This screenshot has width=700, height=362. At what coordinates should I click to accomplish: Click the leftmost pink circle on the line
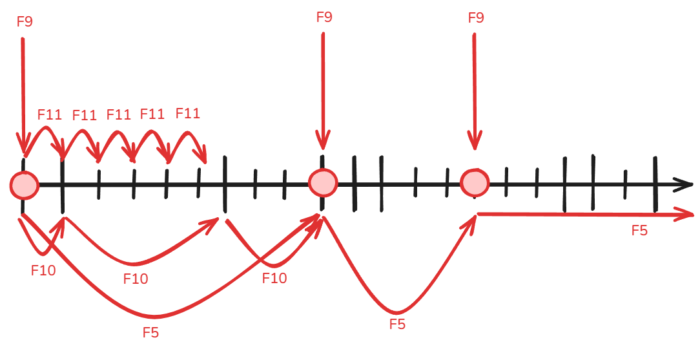pyautogui.click(x=25, y=185)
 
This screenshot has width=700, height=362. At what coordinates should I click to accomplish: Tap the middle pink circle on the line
pyautogui.click(x=324, y=183)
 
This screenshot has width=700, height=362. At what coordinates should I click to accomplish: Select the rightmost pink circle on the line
pyautogui.click(x=475, y=183)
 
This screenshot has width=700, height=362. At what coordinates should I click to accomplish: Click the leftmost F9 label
pyautogui.click(x=25, y=21)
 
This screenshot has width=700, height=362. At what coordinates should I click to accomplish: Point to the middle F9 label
pyautogui.click(x=324, y=17)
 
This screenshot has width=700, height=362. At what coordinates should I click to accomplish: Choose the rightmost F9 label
pyautogui.click(x=476, y=18)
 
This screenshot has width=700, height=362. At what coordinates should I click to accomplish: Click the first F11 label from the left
pyautogui.click(x=50, y=115)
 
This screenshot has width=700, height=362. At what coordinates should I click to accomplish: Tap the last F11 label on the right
pyautogui.click(x=187, y=113)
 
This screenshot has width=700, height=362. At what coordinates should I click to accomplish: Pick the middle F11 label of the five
pyautogui.click(x=118, y=114)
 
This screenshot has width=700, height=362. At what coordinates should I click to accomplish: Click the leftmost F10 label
pyautogui.click(x=43, y=270)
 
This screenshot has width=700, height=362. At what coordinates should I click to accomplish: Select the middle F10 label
pyautogui.click(x=136, y=279)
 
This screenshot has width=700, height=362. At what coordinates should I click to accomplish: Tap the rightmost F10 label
pyautogui.click(x=274, y=278)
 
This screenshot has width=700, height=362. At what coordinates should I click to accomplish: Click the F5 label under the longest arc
pyautogui.click(x=151, y=332)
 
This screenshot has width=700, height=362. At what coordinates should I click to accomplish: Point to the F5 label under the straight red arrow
pyautogui.click(x=639, y=231)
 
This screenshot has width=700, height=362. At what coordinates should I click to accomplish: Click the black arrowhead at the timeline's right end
pyautogui.click(x=683, y=185)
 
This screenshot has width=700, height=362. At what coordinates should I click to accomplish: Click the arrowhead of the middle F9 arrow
pyautogui.click(x=324, y=140)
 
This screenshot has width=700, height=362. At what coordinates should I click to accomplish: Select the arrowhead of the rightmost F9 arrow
pyautogui.click(x=475, y=141)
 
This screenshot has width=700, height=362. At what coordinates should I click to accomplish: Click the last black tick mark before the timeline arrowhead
pyautogui.click(x=655, y=184)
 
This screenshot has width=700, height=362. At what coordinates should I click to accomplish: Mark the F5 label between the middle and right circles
pyautogui.click(x=397, y=324)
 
